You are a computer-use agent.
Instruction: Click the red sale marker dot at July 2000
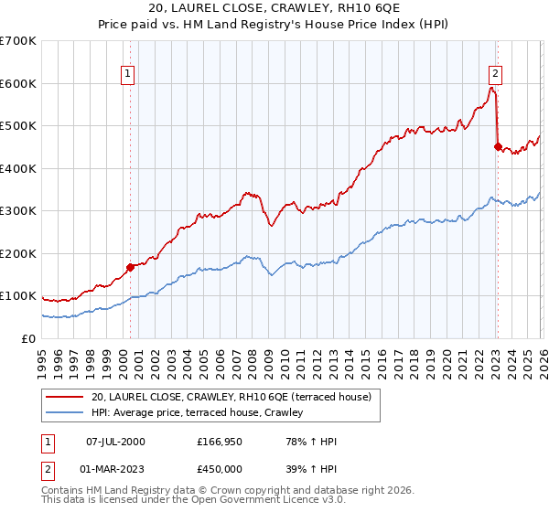130,267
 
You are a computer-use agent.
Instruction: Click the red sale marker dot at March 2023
498,146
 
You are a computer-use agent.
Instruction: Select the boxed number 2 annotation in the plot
494,75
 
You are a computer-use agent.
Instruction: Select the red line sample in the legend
66,397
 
